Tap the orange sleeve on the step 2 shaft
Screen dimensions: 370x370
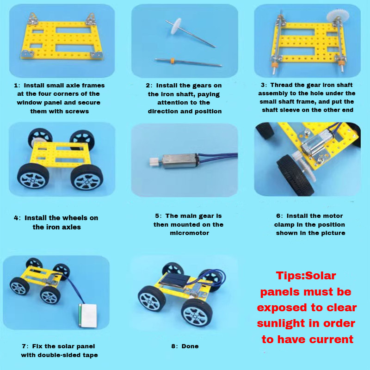[173, 60]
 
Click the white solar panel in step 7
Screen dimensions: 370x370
[88, 315]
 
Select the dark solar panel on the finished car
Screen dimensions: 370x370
[175, 281]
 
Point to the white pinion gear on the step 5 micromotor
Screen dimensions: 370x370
[154, 162]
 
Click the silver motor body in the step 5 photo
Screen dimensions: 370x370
[180, 161]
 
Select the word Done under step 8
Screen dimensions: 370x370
[190, 346]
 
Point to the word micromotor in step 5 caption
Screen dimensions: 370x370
[190, 233]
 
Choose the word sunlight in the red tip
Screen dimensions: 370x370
[281, 324]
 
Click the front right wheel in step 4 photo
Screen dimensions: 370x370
[87, 177]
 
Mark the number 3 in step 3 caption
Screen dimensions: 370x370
[263, 85]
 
